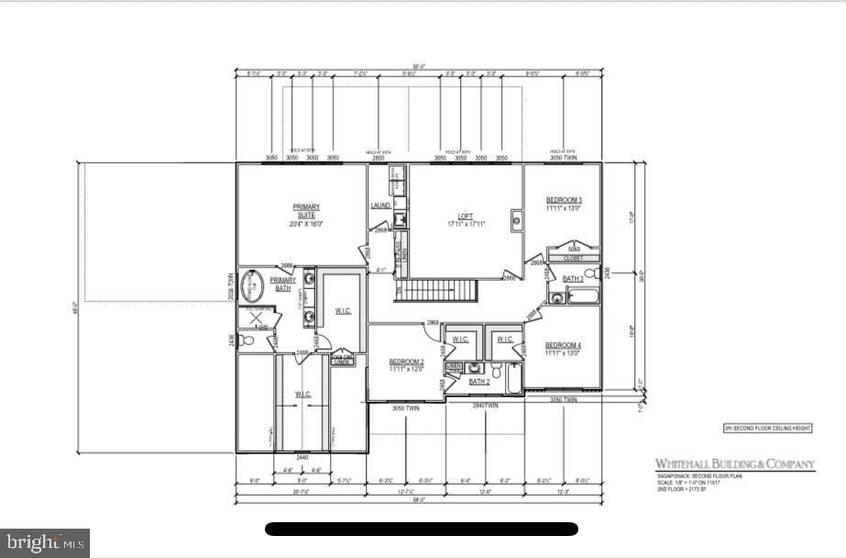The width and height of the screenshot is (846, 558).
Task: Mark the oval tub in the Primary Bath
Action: point(252,286)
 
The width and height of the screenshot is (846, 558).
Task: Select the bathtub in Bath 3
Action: point(583,296)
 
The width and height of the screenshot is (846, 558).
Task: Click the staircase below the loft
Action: point(442,292)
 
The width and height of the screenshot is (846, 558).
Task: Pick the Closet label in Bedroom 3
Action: point(573,259)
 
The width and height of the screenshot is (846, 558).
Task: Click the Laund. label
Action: point(381,205)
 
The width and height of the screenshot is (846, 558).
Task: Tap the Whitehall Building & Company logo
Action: point(733,464)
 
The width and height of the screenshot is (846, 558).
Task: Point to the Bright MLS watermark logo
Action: point(45,542)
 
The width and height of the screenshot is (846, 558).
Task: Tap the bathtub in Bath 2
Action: point(513,376)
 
